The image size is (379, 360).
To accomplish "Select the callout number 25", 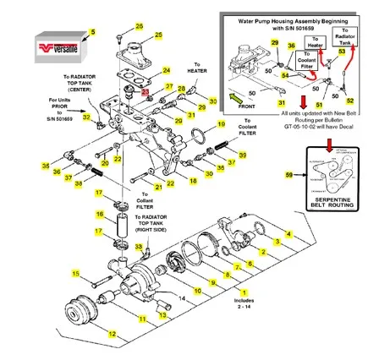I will (x=158, y=35).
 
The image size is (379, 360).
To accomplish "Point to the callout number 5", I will (x=93, y=31).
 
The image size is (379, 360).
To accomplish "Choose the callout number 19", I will (x=222, y=124).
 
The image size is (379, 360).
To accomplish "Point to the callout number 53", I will (x=341, y=51).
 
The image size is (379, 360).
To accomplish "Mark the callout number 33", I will (x=140, y=245).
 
